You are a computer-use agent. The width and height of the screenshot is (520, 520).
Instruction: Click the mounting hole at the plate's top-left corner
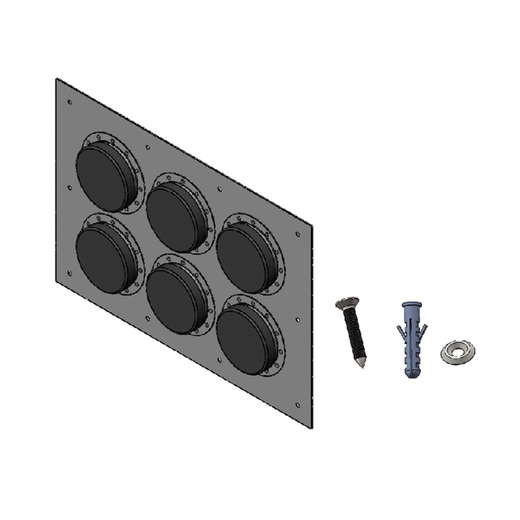[x=70, y=102]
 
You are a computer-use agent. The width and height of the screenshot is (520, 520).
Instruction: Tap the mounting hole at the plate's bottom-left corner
[x=70, y=273]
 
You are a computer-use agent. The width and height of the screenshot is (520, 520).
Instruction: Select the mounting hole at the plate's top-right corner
[x=297, y=234]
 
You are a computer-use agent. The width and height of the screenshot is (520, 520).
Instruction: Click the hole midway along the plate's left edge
[x=70, y=188]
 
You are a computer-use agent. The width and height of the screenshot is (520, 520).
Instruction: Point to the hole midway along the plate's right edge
[x=297, y=320]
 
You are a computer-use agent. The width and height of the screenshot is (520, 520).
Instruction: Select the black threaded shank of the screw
[x=353, y=331]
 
